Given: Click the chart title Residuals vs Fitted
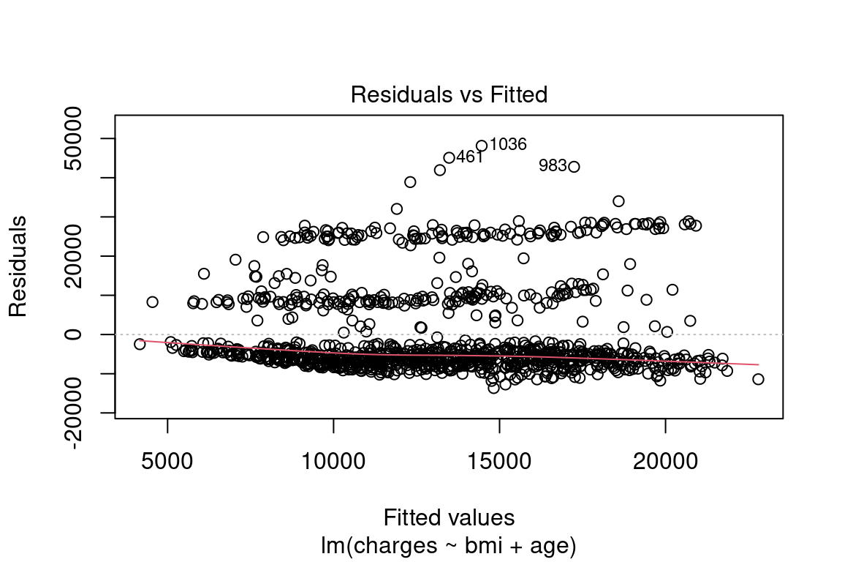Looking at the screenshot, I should point(449,95).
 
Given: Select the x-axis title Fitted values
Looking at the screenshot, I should point(449,517).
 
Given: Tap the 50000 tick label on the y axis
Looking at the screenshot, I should point(83,139).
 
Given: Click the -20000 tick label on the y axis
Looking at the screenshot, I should point(83,413).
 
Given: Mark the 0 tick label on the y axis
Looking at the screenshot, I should point(83,334).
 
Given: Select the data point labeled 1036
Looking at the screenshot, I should point(481,146).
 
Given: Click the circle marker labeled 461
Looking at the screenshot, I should point(449,157).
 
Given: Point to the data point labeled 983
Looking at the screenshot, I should point(574,166).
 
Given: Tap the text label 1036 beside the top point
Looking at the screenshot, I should point(508,144).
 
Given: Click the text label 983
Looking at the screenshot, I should point(553,166).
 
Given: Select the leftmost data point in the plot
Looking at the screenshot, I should point(140,344).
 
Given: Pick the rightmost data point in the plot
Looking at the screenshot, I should point(758,379).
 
